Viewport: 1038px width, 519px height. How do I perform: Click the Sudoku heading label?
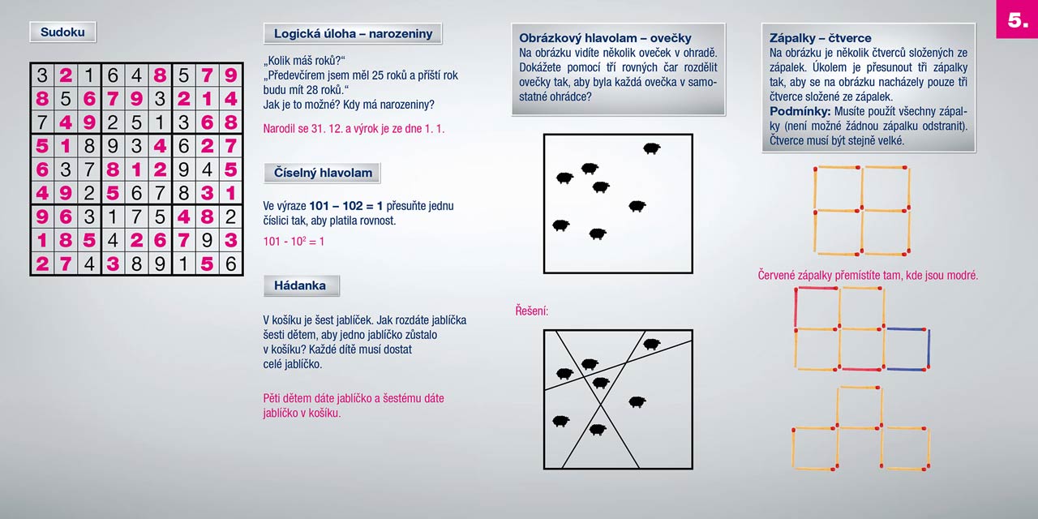click(x=62, y=32)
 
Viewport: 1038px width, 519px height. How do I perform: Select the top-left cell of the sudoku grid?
click(x=42, y=75)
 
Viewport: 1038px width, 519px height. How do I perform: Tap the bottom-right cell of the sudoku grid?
click(x=231, y=264)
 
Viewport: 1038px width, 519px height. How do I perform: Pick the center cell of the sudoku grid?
click(x=136, y=169)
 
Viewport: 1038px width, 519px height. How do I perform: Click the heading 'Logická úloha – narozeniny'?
click(x=352, y=33)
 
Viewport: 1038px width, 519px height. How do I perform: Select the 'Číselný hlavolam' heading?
click(x=322, y=173)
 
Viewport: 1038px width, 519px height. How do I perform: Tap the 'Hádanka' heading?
click(x=300, y=285)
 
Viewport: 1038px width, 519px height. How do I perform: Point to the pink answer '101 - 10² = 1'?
click(x=294, y=242)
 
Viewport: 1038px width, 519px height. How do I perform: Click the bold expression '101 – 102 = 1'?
click(x=345, y=206)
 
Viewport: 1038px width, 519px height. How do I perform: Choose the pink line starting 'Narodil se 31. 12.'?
click(x=354, y=128)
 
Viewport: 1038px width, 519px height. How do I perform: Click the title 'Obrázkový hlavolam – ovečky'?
click(x=605, y=38)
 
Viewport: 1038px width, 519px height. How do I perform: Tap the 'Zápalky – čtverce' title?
click(x=820, y=38)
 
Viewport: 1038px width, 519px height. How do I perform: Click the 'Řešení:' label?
click(x=532, y=311)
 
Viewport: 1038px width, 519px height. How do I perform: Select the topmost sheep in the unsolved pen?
click(x=651, y=148)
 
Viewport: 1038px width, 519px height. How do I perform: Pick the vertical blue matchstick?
click(x=928, y=350)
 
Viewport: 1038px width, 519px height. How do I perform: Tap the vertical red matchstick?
click(x=796, y=308)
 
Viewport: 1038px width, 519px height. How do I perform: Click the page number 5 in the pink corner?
click(x=1017, y=20)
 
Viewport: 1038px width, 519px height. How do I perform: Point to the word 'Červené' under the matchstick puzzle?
click(x=780, y=276)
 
